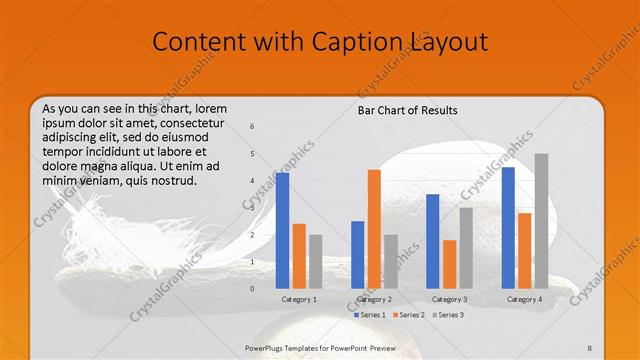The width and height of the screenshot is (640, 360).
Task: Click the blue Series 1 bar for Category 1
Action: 283,230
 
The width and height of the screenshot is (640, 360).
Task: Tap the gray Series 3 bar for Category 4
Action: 541,220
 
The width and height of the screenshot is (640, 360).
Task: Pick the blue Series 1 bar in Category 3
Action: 433,240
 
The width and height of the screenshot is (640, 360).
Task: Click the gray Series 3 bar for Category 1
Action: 316,261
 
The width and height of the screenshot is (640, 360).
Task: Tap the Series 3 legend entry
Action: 451,315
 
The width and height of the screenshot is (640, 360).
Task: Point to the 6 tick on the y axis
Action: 252,126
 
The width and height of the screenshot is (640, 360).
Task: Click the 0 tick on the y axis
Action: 252,288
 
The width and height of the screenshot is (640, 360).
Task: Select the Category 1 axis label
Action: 298,299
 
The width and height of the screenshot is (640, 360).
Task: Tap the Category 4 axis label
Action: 524,299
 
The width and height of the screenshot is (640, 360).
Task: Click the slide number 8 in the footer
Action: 590,347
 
